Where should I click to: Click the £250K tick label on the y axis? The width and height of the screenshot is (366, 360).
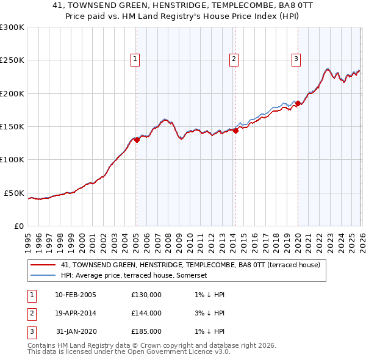[12, 60]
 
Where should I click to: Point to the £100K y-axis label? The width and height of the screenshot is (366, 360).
[12, 160]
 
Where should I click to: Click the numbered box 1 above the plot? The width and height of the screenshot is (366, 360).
[135, 59]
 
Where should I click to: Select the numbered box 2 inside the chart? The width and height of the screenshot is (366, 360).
[234, 59]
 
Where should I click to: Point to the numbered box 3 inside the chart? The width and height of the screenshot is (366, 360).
[296, 59]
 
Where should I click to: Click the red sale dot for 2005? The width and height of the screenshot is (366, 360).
[137, 140]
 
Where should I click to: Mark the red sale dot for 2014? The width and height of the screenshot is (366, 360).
[235, 131]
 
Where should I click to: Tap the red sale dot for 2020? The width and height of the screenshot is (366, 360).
[298, 103]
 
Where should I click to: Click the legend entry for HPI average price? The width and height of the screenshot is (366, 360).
[134, 276]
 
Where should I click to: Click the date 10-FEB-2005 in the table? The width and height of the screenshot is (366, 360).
[76, 295]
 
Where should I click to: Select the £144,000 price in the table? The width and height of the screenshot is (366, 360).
[146, 313]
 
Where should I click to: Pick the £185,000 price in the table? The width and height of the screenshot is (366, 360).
[146, 331]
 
